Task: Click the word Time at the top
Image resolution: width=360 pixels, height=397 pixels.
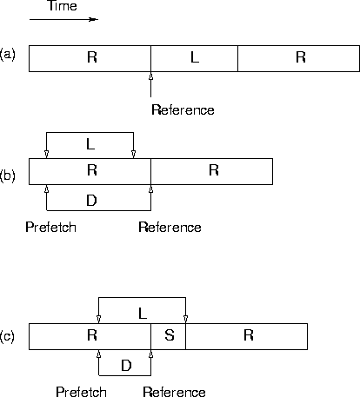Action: coord(63,6)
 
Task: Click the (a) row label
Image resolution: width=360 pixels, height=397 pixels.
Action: coord(8,55)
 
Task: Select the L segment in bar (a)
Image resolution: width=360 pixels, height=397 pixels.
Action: coord(194,58)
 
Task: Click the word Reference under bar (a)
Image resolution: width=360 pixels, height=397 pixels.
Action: coord(183,110)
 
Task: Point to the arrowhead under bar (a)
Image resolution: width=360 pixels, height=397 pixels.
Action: coord(150,76)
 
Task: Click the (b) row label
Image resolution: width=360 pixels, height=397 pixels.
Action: coord(8,176)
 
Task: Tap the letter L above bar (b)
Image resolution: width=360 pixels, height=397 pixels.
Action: coord(90,144)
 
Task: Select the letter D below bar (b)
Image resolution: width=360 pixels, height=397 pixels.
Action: coord(91,201)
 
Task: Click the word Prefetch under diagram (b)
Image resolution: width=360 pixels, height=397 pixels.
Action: coord(51,228)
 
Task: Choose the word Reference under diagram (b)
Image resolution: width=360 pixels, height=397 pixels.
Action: coord(170,228)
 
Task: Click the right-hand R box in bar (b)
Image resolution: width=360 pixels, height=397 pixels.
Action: coord(211,171)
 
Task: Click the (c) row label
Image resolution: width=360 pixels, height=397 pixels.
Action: coord(7,336)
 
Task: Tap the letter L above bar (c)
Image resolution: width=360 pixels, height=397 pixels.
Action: coord(143,314)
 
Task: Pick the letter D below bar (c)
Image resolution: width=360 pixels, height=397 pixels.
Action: coord(126,366)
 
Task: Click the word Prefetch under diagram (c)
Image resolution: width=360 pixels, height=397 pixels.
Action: coord(81,392)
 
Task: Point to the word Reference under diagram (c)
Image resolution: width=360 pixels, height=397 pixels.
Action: coord(174,392)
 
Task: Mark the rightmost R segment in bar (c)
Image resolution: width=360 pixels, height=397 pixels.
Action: coord(246,336)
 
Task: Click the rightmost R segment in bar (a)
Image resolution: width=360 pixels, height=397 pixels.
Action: coord(298,58)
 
